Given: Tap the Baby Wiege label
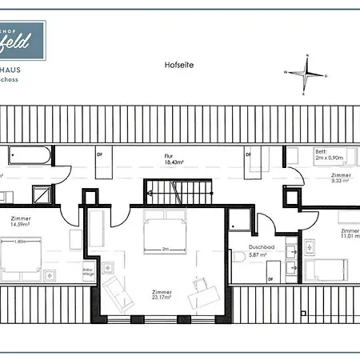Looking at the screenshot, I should (88, 272).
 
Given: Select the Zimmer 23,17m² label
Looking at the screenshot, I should (162, 295).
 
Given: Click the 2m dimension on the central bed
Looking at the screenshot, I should (165, 249).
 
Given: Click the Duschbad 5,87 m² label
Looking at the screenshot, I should (262, 250).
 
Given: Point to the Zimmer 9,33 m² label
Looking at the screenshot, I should (341, 178).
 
